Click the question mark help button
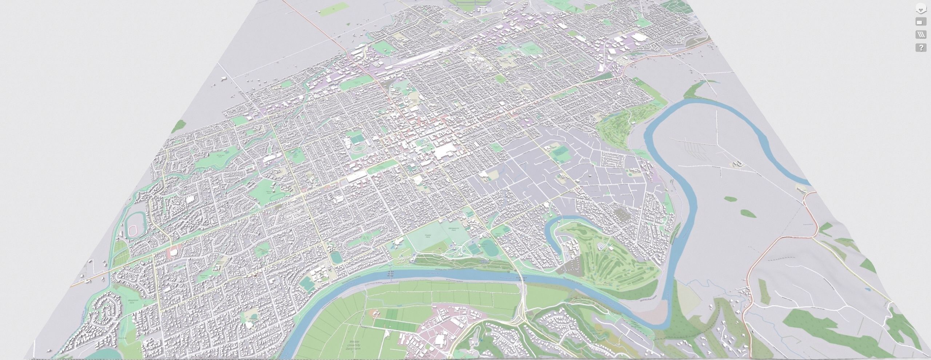(921, 48)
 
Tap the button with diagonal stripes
(921, 35)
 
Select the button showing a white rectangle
(921, 22)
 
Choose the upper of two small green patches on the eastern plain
(730, 199)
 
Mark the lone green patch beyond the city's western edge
(179, 126)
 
